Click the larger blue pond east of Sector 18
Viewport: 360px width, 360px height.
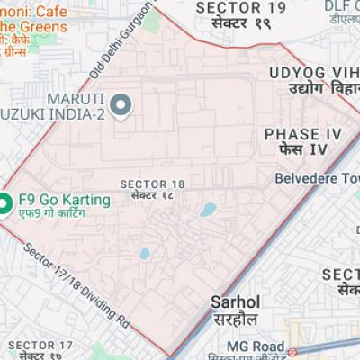coord(208,211)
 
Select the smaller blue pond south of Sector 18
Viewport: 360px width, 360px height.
coord(144,254)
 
